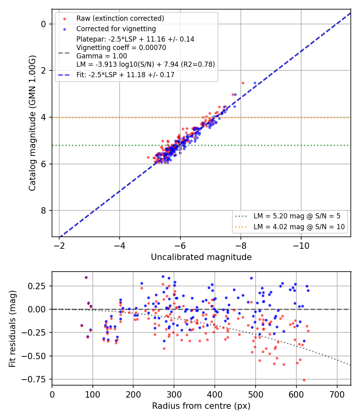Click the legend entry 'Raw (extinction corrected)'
pos(120,18)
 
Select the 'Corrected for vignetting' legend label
pos(116,29)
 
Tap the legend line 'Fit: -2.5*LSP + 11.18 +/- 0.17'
pos(125,75)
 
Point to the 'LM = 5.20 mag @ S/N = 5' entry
pos(297,216)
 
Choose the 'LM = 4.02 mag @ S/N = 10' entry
pos(299,227)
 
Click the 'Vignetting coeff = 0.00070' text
pos(121,48)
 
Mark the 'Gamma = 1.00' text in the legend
pos(102,56)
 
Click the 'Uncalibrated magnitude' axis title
pos(201,257)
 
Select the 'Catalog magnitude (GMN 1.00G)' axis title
pos(32,123)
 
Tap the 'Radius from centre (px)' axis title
pos(201,406)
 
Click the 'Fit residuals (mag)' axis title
pos(12,329)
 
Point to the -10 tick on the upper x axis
pos(301,246)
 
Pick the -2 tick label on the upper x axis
pos(59,246)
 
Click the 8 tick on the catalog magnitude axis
pos(43,210)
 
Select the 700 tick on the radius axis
pos(337,394)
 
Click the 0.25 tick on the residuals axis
pos(36,286)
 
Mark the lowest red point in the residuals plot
pos(304,380)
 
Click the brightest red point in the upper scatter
pos(243,83)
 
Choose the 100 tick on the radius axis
pos(93,394)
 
